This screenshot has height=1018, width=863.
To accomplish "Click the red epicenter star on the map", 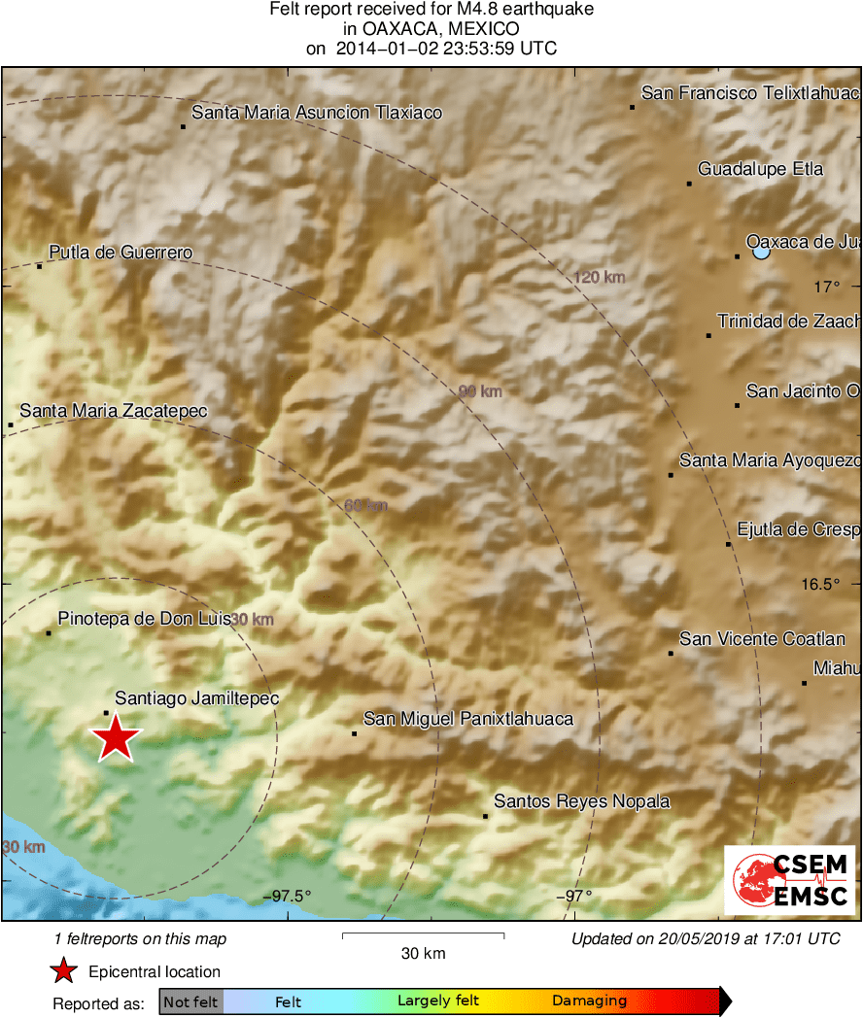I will pos(117,737).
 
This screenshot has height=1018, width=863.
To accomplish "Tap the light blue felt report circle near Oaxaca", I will pos(761,252).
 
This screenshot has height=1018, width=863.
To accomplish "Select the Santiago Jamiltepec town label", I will pos(197,698).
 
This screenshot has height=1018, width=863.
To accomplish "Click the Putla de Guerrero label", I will pos(121,254).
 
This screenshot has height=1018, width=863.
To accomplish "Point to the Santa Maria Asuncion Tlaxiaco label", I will pos(317,113).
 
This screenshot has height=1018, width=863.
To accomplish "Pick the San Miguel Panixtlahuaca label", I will pos(468,719).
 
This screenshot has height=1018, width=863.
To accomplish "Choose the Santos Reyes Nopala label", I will pos(582,801).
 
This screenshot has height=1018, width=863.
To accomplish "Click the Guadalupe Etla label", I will pos(761,169).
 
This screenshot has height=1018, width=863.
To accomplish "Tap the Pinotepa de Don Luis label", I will pos(144,618).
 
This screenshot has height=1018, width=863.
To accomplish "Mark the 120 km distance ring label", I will pos(600,278).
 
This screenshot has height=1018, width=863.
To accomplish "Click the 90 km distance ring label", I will pos(480,391).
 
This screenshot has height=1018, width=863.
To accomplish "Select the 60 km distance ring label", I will pos(365,505).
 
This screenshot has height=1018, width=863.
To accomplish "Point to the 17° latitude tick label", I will pos(827,287).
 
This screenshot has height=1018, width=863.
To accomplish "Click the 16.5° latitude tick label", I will pos(821,584).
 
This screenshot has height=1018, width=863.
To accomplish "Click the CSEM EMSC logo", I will pos(790,879).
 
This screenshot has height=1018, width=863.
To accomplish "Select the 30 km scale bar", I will pos(423,936).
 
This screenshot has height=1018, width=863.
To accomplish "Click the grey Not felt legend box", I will pos(191,1001).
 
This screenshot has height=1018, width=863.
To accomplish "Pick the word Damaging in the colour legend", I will pos(589,1001).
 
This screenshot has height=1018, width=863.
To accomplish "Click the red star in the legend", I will pos(64,971).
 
